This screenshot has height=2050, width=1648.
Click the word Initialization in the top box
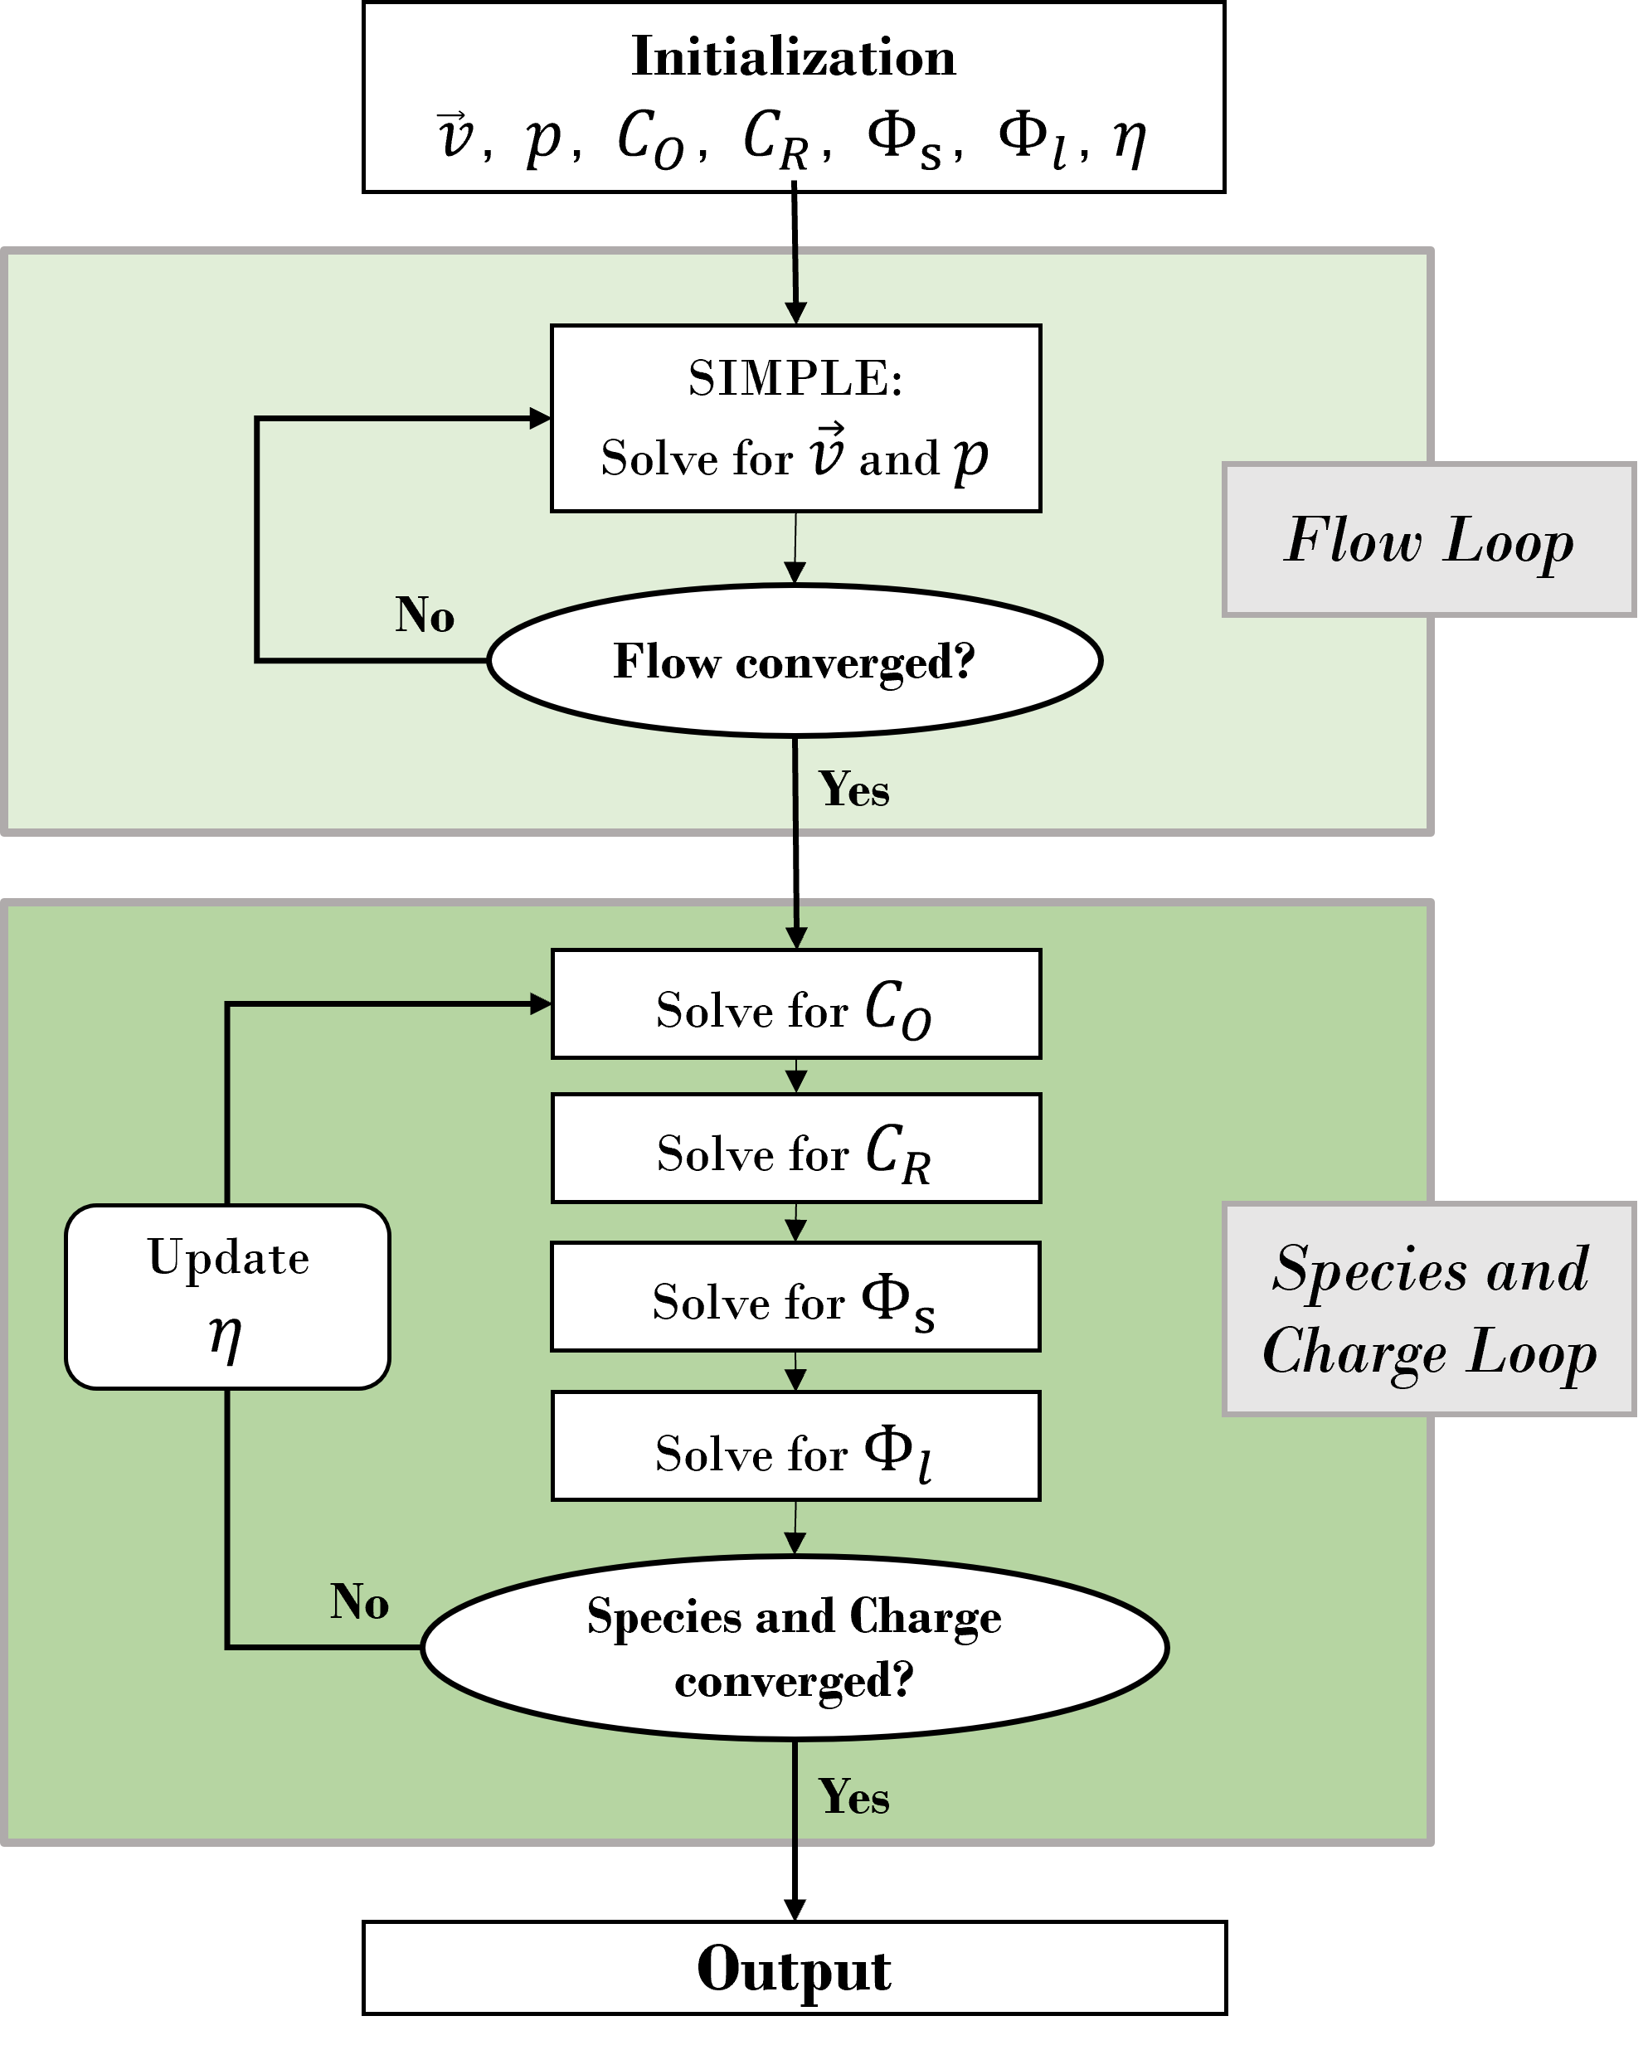pos(793,57)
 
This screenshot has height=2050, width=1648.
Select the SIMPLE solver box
pos(795,418)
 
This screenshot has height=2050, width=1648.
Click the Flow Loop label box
pos(1428,540)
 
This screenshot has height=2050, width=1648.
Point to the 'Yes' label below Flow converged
pos(854,789)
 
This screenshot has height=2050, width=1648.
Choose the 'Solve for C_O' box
pos(795,1004)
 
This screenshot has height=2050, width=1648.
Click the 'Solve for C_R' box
pos(795,1149)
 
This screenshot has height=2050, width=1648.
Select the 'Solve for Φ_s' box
pos(795,1297)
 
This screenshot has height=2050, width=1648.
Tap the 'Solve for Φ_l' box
pos(795,1447)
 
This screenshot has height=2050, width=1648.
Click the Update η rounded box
pos(227,1297)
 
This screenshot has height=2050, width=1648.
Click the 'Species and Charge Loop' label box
pos(1428,1309)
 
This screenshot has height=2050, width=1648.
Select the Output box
pos(794,1968)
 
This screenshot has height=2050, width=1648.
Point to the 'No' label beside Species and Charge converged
pos(359,1602)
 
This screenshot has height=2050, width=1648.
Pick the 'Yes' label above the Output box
pos(854,1797)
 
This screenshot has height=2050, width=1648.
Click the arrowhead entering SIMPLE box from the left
pos(540,418)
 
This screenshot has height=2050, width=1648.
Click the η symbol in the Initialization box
pos(1130,140)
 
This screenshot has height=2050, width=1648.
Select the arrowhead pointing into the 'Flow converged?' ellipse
pos(795,572)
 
